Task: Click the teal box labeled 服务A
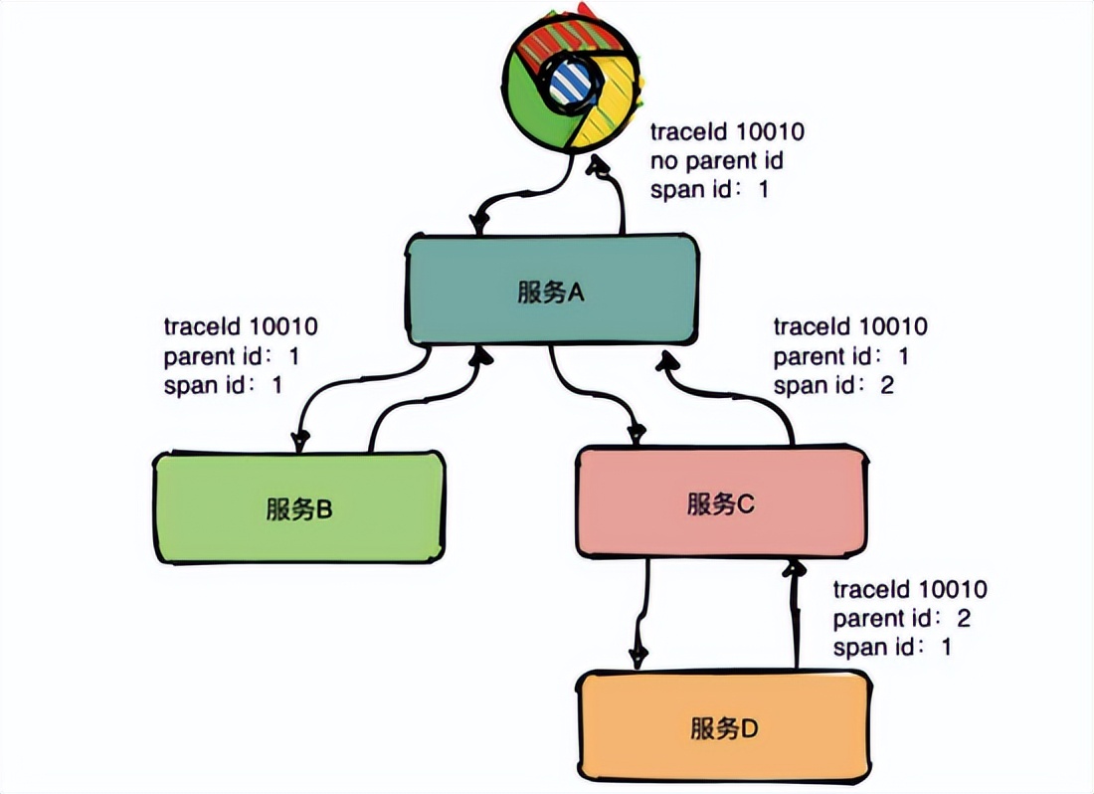pyautogui.click(x=552, y=291)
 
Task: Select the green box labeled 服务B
pyautogui.click(x=298, y=508)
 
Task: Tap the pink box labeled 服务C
pyautogui.click(x=721, y=503)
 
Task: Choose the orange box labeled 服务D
pyautogui.click(x=725, y=725)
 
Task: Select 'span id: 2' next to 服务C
pyautogui.click(x=833, y=385)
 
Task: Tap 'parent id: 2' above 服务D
pyautogui.click(x=901, y=618)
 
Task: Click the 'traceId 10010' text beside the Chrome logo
pyautogui.click(x=726, y=132)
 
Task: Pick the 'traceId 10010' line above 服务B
pyautogui.click(x=241, y=326)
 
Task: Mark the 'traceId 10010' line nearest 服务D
pyautogui.click(x=910, y=589)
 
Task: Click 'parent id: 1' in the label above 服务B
pyautogui.click(x=231, y=356)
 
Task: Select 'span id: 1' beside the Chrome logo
pyautogui.click(x=709, y=189)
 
